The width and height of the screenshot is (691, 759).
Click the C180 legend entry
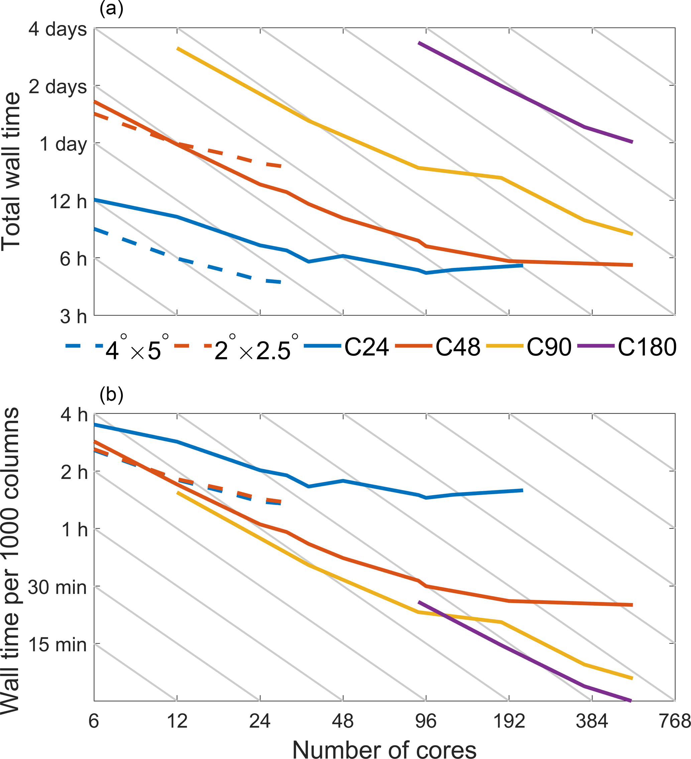647,347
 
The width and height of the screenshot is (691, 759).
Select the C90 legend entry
549,347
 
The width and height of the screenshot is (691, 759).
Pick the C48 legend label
458,347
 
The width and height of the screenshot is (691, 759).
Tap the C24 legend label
366,347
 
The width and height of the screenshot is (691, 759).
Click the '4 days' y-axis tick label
57,29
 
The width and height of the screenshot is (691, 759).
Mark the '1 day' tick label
63,144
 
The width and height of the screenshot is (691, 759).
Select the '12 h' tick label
68,201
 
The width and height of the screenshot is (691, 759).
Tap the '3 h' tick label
73,316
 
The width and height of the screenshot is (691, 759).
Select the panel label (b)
111,395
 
